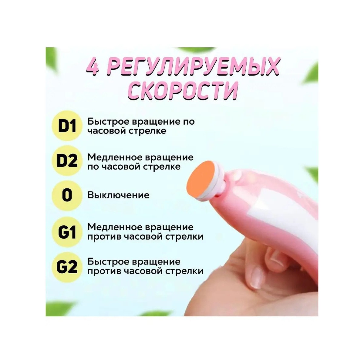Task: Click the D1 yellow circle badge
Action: point(67,126)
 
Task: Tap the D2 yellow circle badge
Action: point(67,161)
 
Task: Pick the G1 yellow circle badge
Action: point(67,232)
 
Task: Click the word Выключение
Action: point(118,195)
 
